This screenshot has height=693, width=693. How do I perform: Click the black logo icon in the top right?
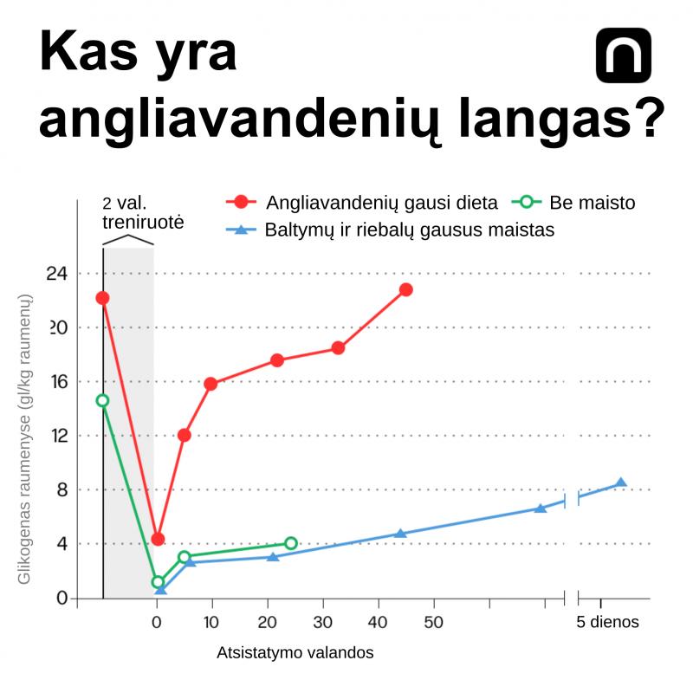click(623, 55)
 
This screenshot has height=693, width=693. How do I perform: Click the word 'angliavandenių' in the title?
click(241, 119)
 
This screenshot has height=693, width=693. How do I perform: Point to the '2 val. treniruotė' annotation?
click(143, 212)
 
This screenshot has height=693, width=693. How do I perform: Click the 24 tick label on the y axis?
click(57, 274)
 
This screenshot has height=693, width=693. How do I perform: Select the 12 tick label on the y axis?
click(60, 436)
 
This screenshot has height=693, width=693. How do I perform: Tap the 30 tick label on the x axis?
click(322, 622)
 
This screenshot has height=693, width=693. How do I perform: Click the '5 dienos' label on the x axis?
click(607, 622)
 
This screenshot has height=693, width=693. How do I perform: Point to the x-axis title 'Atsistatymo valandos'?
click(295, 652)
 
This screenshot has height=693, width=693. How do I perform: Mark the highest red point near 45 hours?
click(405, 290)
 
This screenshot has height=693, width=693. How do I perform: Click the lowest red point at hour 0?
click(158, 539)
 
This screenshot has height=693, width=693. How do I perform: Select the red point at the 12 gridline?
click(185, 436)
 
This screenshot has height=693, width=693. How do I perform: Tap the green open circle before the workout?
click(102, 400)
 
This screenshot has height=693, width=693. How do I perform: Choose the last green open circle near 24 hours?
click(291, 543)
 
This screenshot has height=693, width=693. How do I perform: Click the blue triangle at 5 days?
click(621, 483)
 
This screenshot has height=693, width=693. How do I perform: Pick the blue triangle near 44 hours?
click(400, 534)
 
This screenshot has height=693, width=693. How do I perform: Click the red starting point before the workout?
click(102, 298)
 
